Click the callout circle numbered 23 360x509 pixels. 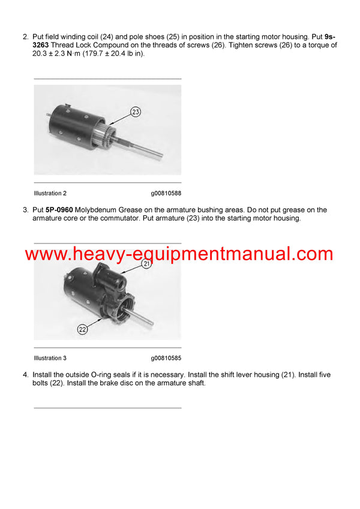pos(136,111)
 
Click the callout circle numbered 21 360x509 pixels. pos(146,263)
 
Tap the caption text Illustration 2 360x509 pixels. pos(50,194)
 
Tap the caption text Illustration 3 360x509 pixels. pos(50,358)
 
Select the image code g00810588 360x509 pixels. pos(166,194)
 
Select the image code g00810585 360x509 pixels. pos(166,358)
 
